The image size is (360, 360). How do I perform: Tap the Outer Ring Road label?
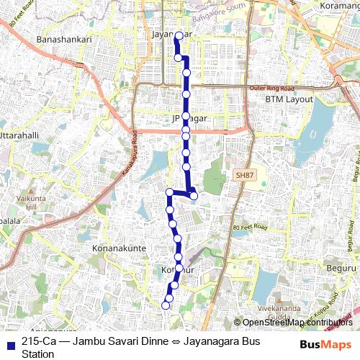(x=267, y=88)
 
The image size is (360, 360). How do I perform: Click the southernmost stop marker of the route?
(x=165, y=305)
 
